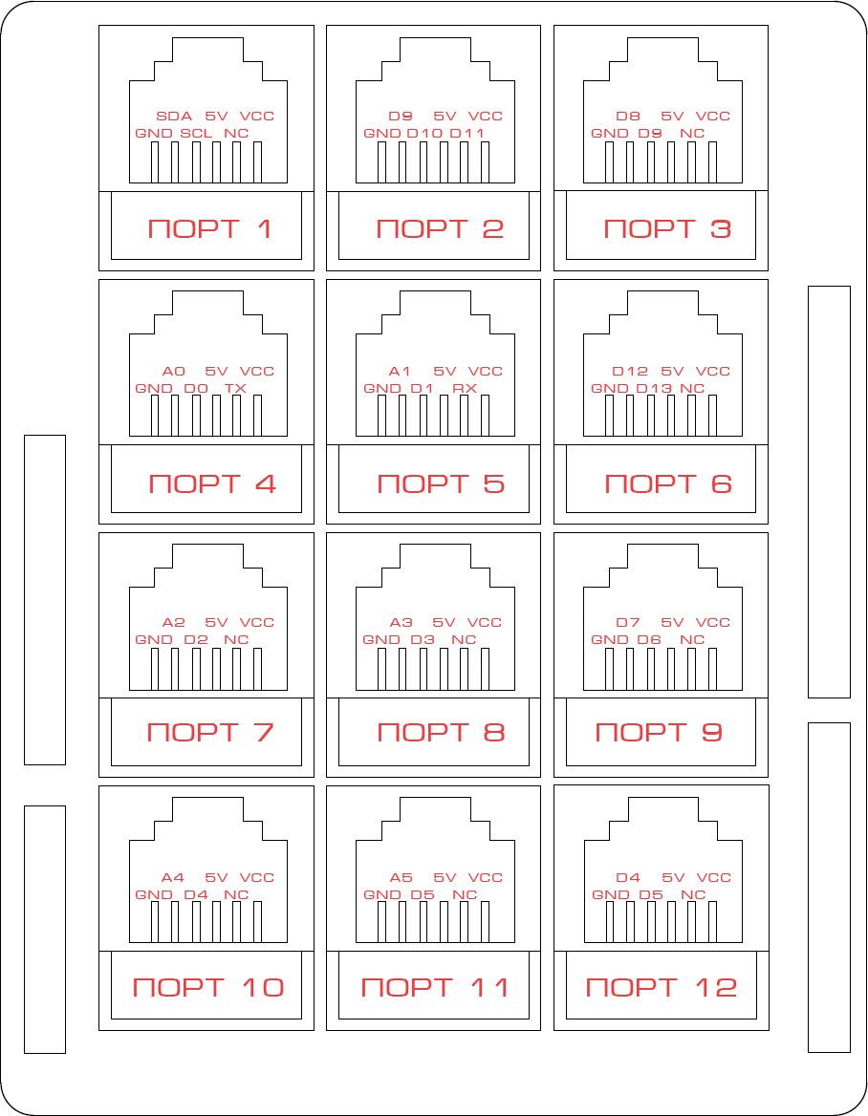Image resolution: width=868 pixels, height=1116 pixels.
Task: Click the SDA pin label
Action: (x=174, y=116)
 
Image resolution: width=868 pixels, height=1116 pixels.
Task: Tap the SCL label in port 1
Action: (x=196, y=133)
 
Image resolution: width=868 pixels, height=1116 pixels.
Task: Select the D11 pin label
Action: (x=467, y=133)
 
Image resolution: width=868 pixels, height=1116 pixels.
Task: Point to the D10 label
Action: (x=424, y=133)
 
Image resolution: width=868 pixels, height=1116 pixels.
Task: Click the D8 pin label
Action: (x=628, y=116)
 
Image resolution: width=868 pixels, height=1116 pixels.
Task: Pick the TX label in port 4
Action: (x=235, y=389)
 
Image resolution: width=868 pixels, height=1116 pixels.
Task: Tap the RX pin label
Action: (x=465, y=389)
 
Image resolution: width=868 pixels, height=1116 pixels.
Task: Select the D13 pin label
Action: (x=654, y=389)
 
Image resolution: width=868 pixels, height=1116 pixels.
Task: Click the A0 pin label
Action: (x=174, y=372)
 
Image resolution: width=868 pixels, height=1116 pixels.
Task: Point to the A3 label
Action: (x=401, y=623)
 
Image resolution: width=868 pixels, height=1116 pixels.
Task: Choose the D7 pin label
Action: (x=628, y=623)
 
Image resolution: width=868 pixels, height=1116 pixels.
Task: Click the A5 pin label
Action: (x=401, y=877)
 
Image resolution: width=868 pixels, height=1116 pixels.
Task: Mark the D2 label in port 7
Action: (x=196, y=640)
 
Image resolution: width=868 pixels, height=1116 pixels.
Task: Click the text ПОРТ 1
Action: (x=209, y=228)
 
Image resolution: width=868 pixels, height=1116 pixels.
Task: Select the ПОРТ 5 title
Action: (x=441, y=484)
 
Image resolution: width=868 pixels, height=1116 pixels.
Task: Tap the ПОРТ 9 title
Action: (x=659, y=732)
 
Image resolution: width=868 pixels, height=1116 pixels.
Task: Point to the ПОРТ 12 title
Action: (x=661, y=987)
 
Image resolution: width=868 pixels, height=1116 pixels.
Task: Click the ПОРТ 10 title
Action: (x=208, y=987)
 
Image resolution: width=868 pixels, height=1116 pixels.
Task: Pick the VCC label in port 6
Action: (x=713, y=372)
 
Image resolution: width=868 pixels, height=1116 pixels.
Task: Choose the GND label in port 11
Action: (x=382, y=894)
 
